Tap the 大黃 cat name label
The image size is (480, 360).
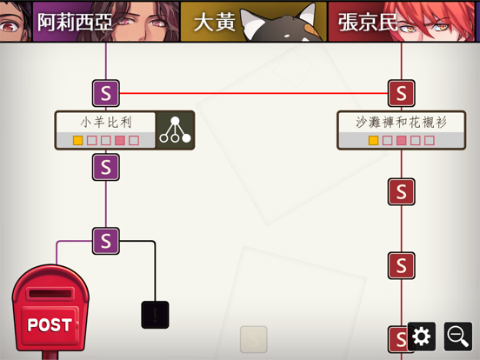[x=215, y=23]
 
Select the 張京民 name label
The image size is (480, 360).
[x=368, y=22]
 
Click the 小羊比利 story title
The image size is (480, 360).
[x=106, y=123]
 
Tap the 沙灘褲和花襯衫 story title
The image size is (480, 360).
[x=401, y=122]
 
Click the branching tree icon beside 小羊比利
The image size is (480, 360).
[x=175, y=130]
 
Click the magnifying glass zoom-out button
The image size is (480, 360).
[x=458, y=336]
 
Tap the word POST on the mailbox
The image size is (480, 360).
[x=50, y=325]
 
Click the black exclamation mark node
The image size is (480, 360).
[x=155, y=315]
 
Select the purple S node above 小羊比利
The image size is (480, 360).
[x=106, y=93]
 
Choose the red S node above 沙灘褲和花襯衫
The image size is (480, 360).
[x=402, y=93]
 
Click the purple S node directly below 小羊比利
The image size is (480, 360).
[x=106, y=167]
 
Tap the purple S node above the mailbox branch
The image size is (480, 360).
[x=106, y=241]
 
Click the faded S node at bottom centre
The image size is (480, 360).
[x=254, y=339]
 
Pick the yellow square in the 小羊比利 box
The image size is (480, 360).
[x=77, y=141]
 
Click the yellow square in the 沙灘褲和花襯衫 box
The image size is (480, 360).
[x=373, y=141]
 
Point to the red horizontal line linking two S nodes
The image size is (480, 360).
[x=253, y=93]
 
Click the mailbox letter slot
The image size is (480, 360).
[x=50, y=294]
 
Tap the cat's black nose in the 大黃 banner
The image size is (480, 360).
[x=287, y=36]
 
